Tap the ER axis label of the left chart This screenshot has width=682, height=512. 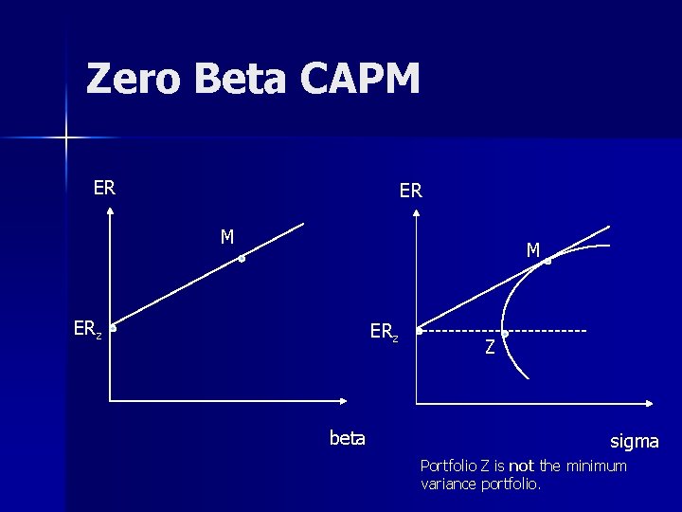(104, 188)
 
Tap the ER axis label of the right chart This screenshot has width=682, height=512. (410, 191)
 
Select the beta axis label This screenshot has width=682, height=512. (347, 438)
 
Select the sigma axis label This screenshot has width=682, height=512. (634, 441)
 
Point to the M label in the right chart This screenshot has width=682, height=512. (533, 250)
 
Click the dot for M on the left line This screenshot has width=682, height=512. (242, 258)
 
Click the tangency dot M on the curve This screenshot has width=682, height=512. (547, 261)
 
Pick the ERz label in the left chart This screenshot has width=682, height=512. (88, 329)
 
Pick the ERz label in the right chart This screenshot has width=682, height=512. (384, 332)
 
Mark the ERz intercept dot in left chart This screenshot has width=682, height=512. (113, 330)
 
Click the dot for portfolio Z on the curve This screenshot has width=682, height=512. (505, 333)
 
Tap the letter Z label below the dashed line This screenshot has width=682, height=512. (490, 348)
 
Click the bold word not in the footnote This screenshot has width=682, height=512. (522, 466)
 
